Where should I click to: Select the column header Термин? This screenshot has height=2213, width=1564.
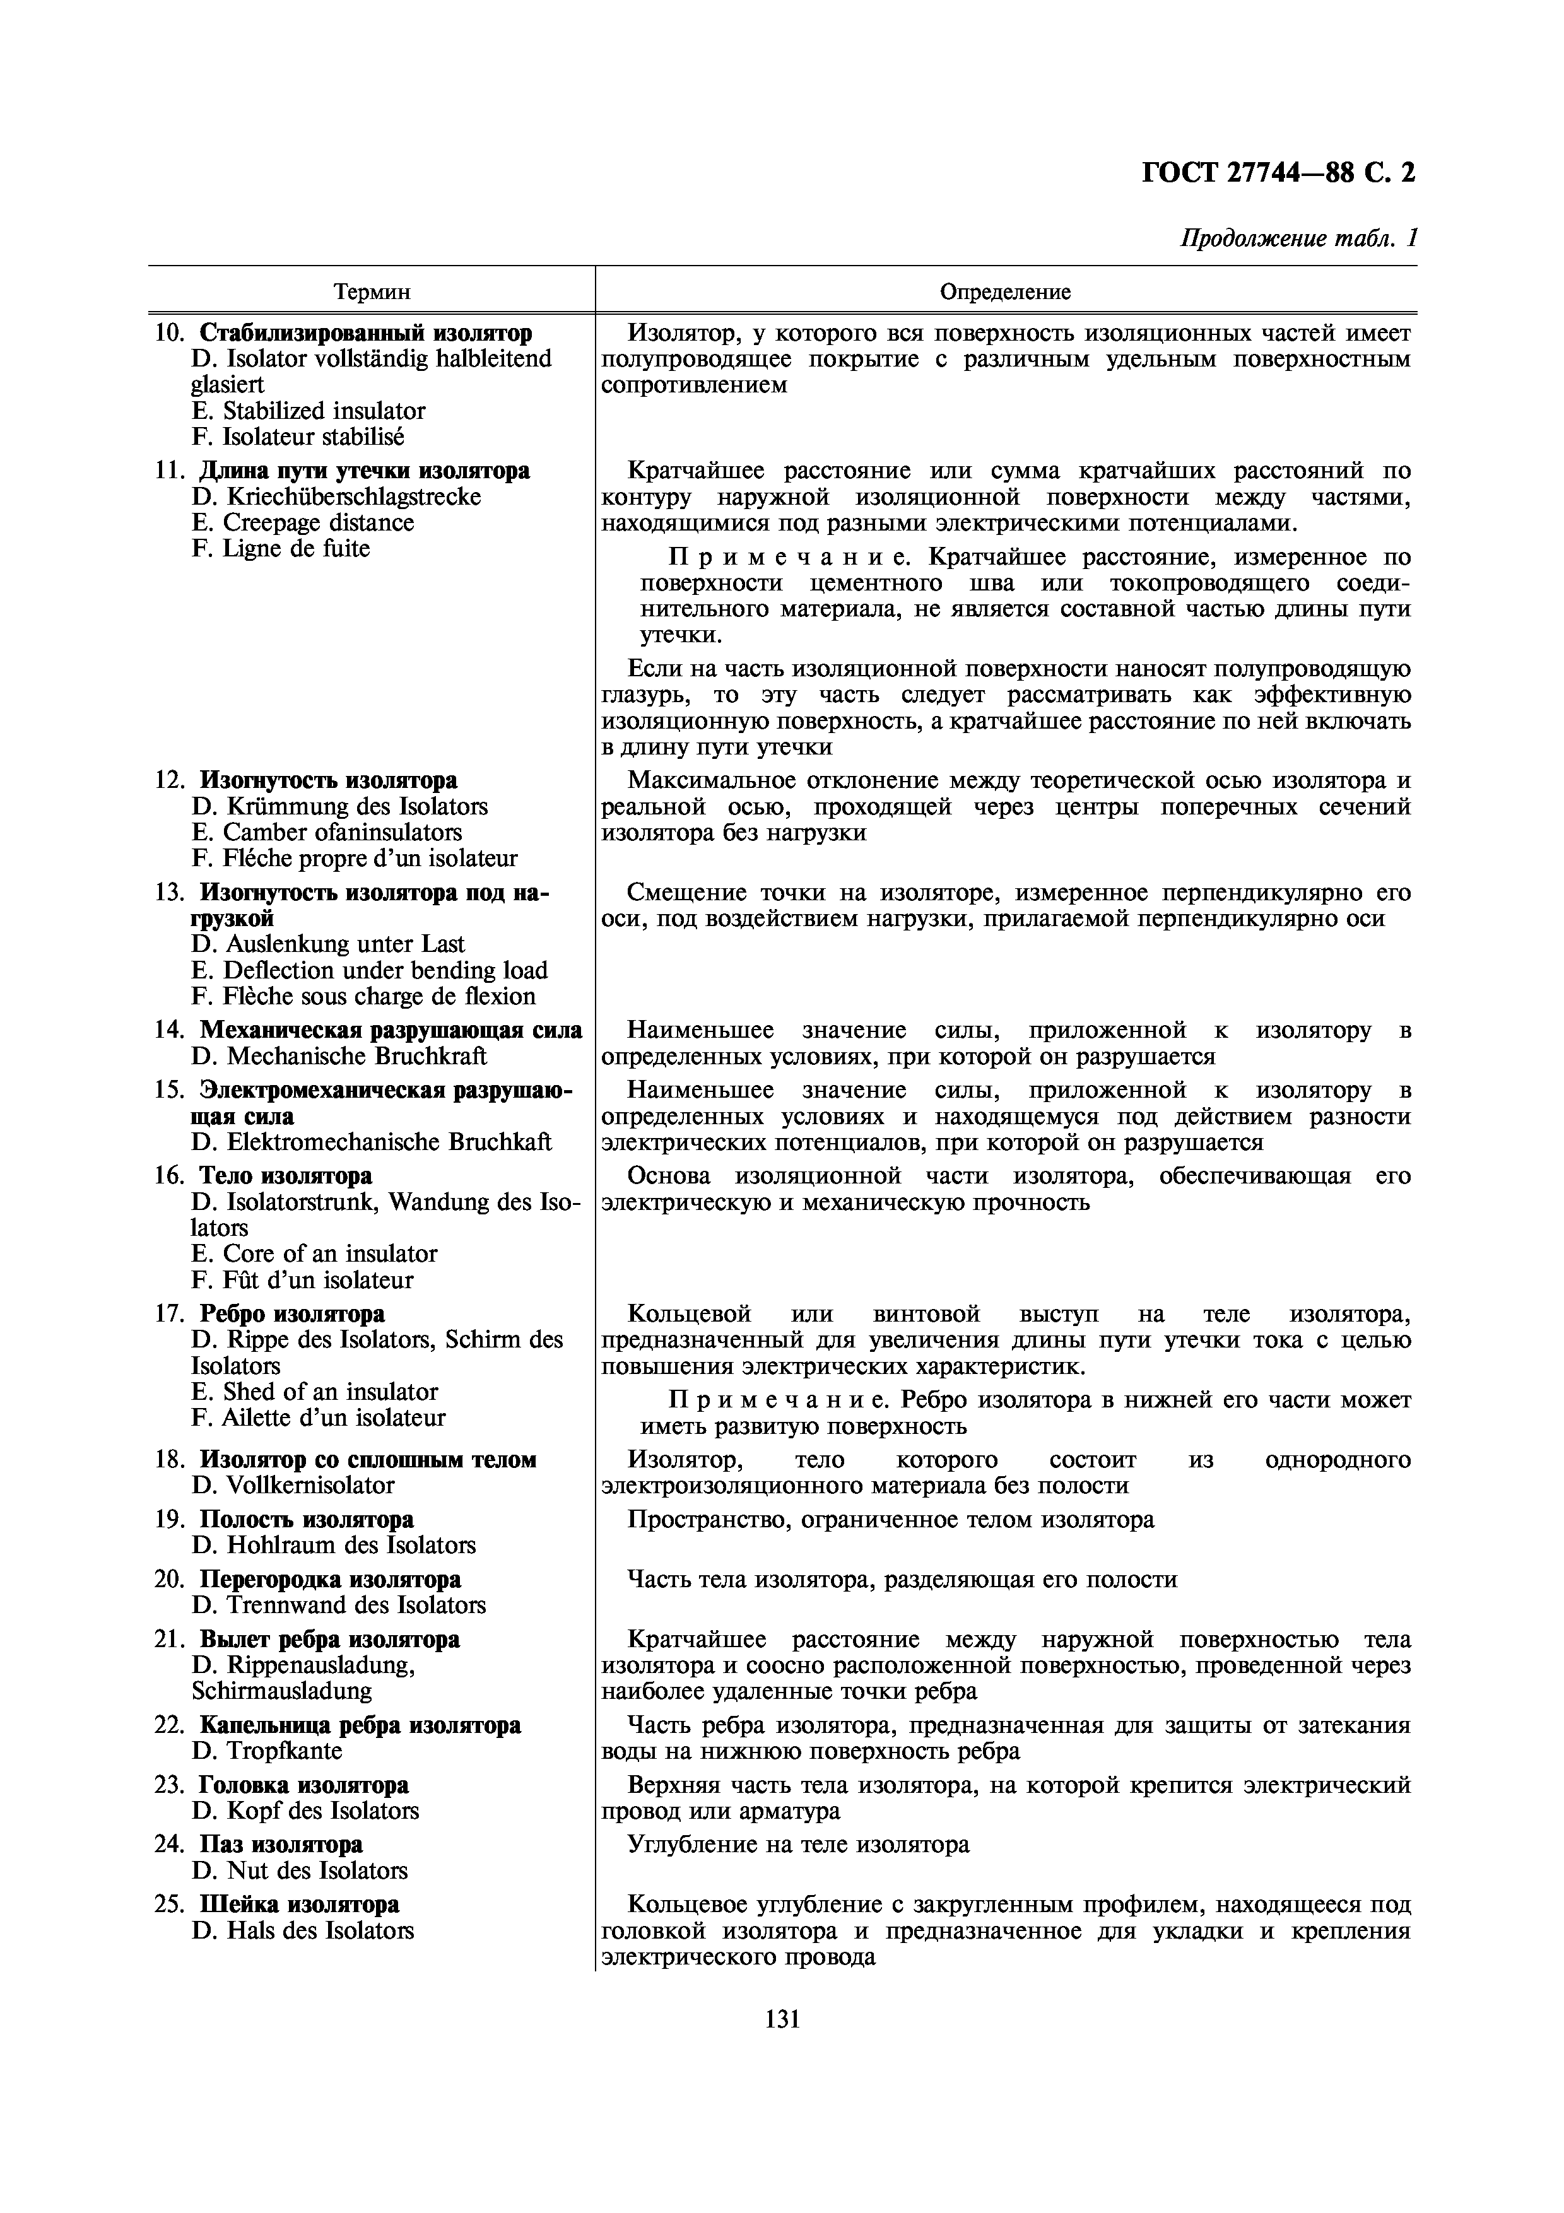click(372, 291)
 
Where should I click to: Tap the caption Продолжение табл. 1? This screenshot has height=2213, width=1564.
click(1298, 238)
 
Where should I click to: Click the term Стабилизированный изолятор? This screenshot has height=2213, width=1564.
click(365, 334)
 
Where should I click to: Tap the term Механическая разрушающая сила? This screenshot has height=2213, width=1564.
click(391, 1030)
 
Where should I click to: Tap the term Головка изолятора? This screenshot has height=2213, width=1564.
click(303, 1785)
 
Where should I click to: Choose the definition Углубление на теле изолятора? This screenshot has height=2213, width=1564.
click(798, 1845)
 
